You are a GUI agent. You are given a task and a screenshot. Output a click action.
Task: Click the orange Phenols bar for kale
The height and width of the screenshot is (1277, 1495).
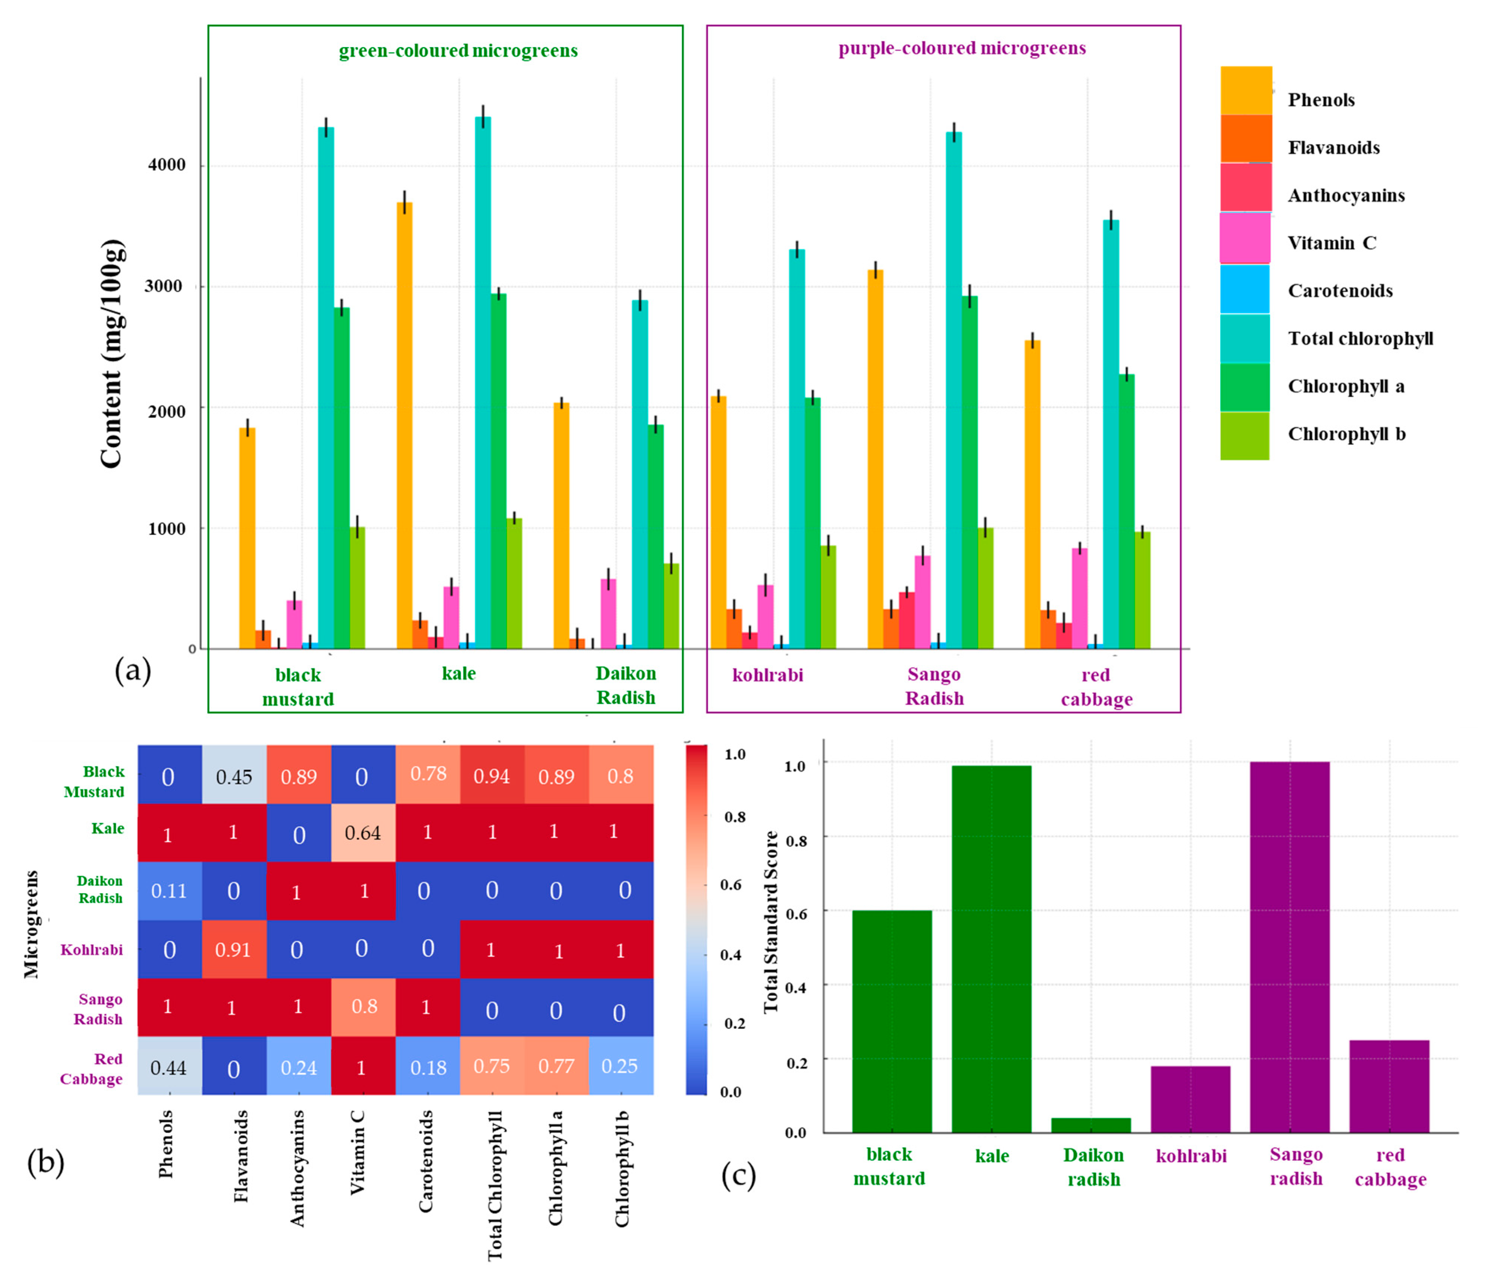pyautogui.click(x=405, y=426)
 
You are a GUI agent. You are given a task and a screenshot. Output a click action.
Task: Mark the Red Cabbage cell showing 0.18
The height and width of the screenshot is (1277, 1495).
pyautogui.click(x=428, y=1066)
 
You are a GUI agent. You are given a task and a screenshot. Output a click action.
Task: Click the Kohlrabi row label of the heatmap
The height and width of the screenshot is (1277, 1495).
pyautogui.click(x=92, y=949)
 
